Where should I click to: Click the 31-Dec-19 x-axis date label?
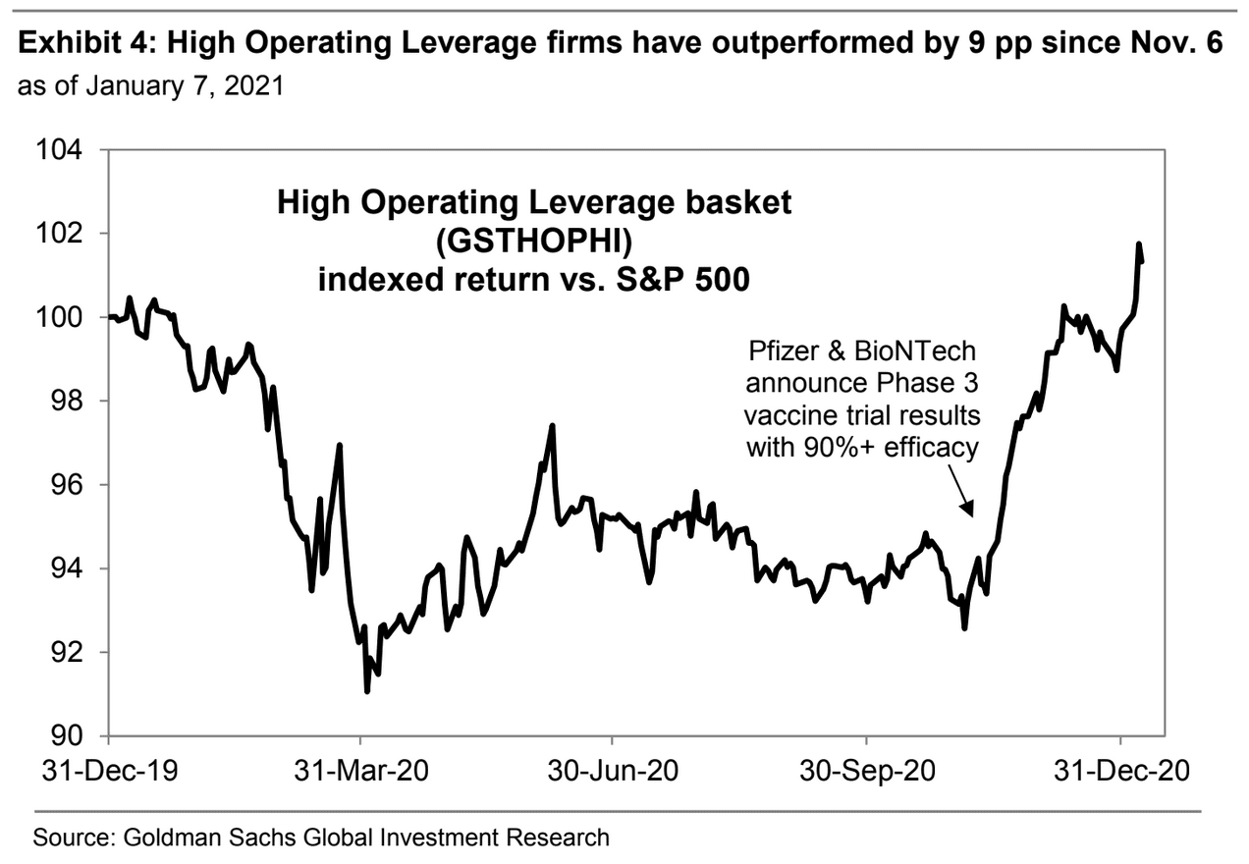tap(109, 772)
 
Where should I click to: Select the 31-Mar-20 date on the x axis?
tap(361, 772)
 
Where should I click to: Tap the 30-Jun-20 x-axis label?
tap(613, 772)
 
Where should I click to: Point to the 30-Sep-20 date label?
tap(867, 772)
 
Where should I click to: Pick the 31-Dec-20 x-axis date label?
tap(1120, 772)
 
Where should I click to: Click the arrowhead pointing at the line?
tap(969, 510)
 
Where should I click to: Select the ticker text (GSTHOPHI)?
tap(534, 241)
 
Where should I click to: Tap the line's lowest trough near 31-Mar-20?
tap(366, 691)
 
